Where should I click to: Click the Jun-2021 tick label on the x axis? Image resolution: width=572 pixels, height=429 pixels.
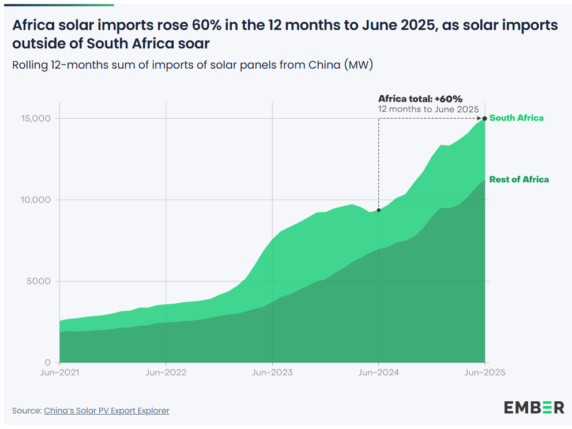(x=59, y=372)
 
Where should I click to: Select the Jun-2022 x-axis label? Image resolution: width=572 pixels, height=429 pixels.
(x=165, y=372)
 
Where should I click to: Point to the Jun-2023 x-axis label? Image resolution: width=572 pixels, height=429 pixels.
(x=272, y=372)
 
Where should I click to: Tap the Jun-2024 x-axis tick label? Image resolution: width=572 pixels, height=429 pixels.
(x=378, y=372)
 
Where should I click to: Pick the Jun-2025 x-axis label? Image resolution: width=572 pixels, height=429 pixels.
(x=485, y=372)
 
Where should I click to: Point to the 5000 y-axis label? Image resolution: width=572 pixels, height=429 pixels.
(x=40, y=281)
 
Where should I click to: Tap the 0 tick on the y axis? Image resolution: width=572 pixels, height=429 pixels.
(x=48, y=363)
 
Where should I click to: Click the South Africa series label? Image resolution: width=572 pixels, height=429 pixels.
(x=516, y=118)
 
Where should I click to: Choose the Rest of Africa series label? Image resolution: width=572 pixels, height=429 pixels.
(x=519, y=179)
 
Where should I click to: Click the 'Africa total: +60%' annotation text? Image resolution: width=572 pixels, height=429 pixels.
(x=420, y=99)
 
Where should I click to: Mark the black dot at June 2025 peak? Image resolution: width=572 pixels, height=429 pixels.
(x=485, y=119)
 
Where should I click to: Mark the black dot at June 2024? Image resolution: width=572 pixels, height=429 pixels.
(x=378, y=210)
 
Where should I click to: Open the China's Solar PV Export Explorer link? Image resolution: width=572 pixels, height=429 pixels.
(x=107, y=411)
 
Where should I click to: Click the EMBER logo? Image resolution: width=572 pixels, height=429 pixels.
(x=534, y=407)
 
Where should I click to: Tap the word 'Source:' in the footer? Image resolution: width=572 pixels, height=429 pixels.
(x=27, y=411)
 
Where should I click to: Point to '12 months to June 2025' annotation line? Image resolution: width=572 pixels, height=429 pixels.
(x=428, y=109)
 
